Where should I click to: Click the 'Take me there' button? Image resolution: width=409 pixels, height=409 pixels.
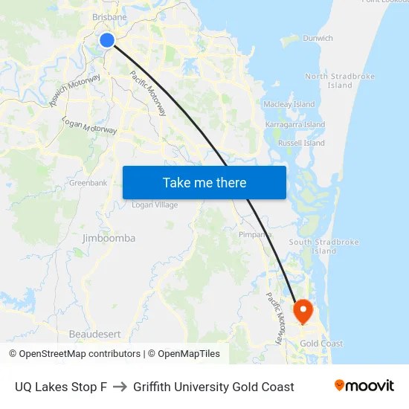point(204,182)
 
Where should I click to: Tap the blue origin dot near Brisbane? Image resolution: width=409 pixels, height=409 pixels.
point(107,40)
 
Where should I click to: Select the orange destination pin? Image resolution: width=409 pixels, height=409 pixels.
point(303,311)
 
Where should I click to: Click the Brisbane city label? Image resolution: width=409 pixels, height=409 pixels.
point(109,17)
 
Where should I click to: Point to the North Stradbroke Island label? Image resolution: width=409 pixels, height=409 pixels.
point(340,80)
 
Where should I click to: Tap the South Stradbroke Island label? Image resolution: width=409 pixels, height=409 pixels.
point(323,246)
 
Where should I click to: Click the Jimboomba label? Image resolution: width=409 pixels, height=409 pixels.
point(109,238)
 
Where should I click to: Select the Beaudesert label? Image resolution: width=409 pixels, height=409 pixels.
point(94,334)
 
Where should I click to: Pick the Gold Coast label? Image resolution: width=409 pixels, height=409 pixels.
point(321,344)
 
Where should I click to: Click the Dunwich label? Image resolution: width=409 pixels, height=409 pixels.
point(318,38)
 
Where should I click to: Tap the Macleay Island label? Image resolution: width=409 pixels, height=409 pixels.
point(290,105)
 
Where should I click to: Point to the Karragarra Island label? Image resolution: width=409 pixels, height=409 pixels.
point(295,125)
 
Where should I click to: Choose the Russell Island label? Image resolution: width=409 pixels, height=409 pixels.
point(301,143)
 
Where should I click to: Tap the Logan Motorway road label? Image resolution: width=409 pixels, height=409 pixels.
point(89,125)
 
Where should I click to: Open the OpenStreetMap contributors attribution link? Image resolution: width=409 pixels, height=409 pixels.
point(74,354)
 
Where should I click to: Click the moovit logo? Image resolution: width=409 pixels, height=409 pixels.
point(364,386)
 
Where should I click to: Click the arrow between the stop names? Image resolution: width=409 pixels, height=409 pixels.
point(120,387)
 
